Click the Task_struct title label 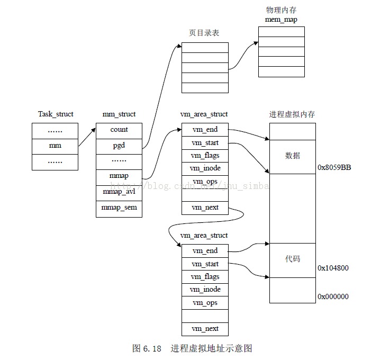(56, 114)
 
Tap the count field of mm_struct (119, 130)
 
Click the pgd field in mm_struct (119, 145)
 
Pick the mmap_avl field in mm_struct (119, 192)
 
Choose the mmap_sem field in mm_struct (119, 208)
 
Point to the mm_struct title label (119, 114)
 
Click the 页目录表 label (204, 33)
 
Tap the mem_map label (281, 20)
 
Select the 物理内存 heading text (281, 11)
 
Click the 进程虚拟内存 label (292, 114)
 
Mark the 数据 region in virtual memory (292, 156)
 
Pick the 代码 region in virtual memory (292, 259)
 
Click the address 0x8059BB (334, 167)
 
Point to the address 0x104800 (333, 268)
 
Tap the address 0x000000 (333, 296)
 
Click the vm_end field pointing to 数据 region (205, 130)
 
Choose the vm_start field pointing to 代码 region (205, 264)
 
